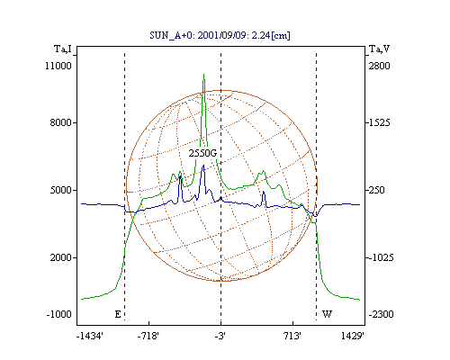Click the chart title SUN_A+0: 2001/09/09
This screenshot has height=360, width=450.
pyautogui.click(x=196, y=35)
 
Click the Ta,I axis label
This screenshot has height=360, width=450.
pyautogui.click(x=63, y=49)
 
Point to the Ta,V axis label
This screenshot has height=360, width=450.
pyautogui.click(x=379, y=49)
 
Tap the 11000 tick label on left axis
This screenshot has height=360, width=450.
pyautogui.click(x=58, y=66)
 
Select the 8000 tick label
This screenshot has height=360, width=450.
pyautogui.click(x=61, y=122)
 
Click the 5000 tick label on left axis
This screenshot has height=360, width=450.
pyautogui.click(x=61, y=190)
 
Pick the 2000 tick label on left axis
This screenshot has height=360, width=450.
pyautogui.click(x=61, y=257)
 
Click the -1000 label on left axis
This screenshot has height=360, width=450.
pyautogui.click(x=59, y=314)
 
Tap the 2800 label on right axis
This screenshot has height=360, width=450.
pyautogui.click(x=380, y=66)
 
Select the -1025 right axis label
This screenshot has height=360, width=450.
pyautogui.click(x=381, y=257)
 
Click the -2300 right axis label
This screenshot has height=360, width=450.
pyautogui.click(x=381, y=314)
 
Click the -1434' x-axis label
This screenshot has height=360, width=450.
pyautogui.click(x=90, y=337)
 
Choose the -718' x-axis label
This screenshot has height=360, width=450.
pyautogui.click(x=148, y=337)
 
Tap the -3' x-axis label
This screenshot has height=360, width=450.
pyautogui.click(x=220, y=337)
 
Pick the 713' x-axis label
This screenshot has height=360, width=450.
pyautogui.click(x=292, y=337)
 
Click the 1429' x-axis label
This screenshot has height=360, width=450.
pyautogui.click(x=353, y=337)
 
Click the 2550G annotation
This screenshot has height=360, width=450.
pyautogui.click(x=202, y=153)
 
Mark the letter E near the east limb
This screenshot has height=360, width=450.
pyautogui.click(x=118, y=314)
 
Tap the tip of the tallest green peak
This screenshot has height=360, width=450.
pyautogui.click(x=204, y=74)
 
